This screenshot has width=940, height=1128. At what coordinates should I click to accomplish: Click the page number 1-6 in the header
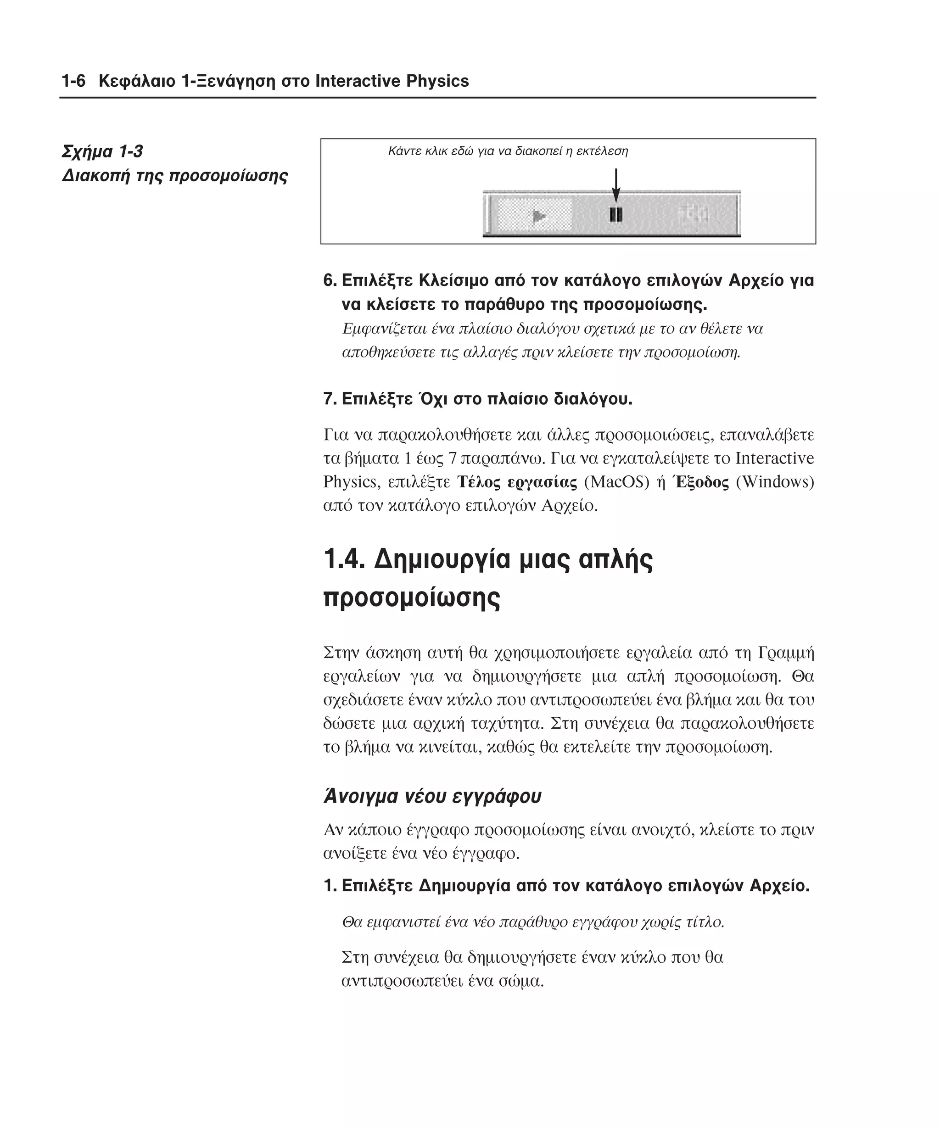pyautogui.click(x=73, y=81)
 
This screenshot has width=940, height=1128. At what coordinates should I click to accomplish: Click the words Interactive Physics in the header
pyautogui.click(x=392, y=81)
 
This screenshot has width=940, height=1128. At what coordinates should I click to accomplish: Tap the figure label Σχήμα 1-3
pyautogui.click(x=102, y=151)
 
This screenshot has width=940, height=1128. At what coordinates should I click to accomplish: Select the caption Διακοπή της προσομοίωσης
pyautogui.click(x=174, y=176)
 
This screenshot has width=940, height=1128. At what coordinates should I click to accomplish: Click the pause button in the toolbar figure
pyautogui.click(x=615, y=215)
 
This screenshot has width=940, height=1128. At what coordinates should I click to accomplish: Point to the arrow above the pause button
pyautogui.click(x=615, y=185)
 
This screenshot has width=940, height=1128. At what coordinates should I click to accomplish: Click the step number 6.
pyautogui.click(x=329, y=280)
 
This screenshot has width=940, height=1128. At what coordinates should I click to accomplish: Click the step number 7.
pyautogui.click(x=329, y=399)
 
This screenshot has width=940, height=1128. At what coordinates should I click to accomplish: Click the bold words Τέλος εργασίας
pyautogui.click(x=517, y=482)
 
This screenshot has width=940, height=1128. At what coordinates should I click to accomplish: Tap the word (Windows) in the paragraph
pyautogui.click(x=775, y=482)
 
